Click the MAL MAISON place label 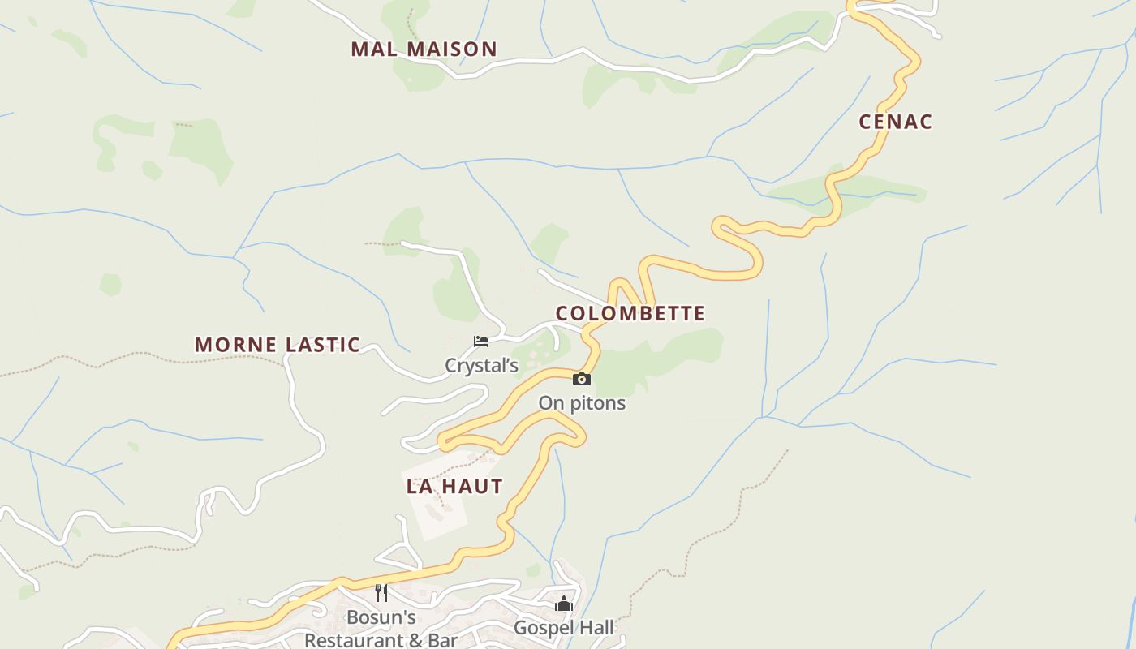click(x=424, y=49)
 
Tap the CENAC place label click(x=896, y=122)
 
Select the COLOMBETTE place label click(x=630, y=313)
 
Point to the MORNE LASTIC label click(x=278, y=344)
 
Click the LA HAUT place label click(x=454, y=487)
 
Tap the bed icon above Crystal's click(x=481, y=342)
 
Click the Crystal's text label click(x=481, y=366)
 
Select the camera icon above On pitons click(x=581, y=379)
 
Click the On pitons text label click(x=582, y=403)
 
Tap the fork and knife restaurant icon click(x=381, y=593)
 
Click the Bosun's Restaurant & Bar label click(x=381, y=629)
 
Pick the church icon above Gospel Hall click(x=564, y=604)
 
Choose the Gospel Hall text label click(x=564, y=628)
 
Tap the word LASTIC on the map click(x=321, y=344)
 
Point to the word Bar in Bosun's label click(x=443, y=640)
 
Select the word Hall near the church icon click(x=594, y=628)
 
